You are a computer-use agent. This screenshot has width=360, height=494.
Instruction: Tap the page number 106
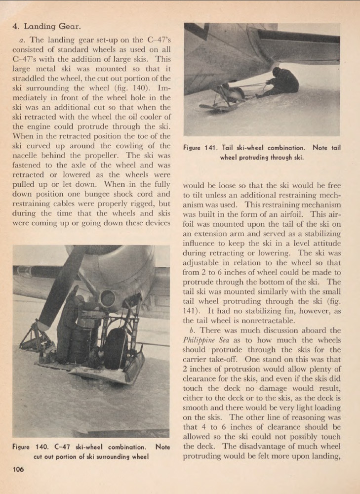point(18,470)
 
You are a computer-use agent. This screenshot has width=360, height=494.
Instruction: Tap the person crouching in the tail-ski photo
point(281,82)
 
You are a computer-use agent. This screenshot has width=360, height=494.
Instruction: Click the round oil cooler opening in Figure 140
point(108,298)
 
